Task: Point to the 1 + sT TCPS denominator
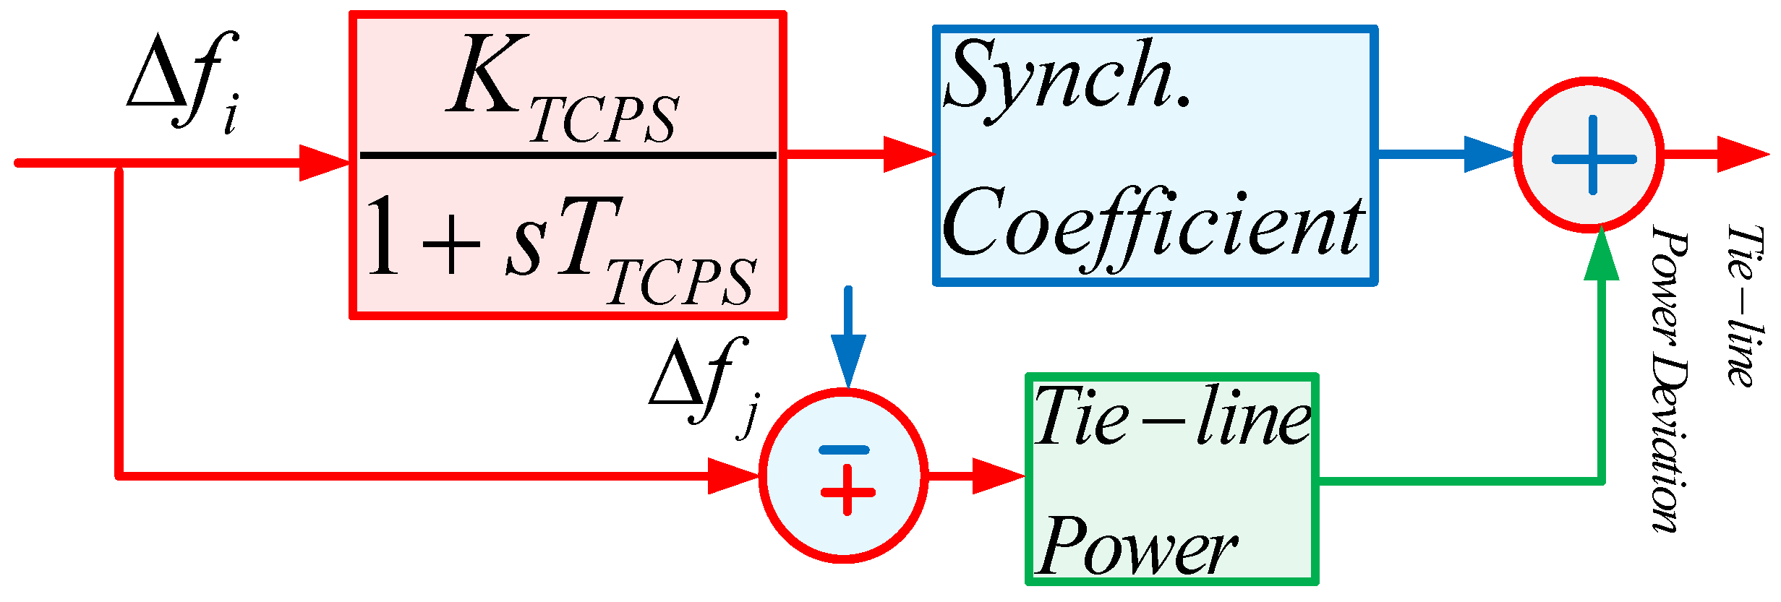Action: (x=560, y=249)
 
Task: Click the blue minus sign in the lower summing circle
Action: (x=844, y=450)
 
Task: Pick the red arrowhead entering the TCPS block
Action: (x=324, y=163)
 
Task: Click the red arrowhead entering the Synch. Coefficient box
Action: (x=907, y=154)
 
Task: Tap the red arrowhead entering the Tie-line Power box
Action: (x=997, y=476)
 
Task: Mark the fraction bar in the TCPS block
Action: (x=568, y=155)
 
